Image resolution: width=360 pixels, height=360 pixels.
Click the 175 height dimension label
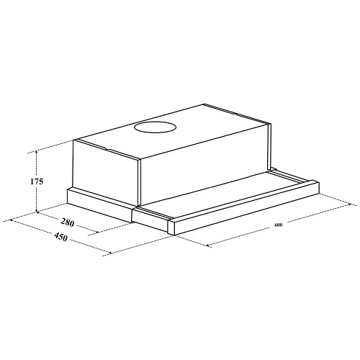[x=37, y=181]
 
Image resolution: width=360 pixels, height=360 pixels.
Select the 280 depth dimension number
[x=68, y=222]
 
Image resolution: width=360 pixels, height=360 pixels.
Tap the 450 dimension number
[x=60, y=237]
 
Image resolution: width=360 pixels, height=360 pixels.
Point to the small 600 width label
[x=279, y=225]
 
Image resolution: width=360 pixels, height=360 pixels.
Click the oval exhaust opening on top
[x=156, y=127]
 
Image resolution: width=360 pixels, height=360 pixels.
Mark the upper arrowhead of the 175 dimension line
[x=37, y=153]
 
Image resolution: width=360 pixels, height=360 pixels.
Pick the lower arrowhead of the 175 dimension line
[x=37, y=210]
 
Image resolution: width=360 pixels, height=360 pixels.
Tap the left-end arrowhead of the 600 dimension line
[x=208, y=246]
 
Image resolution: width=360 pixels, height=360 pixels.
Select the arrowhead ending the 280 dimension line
[x=96, y=232]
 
